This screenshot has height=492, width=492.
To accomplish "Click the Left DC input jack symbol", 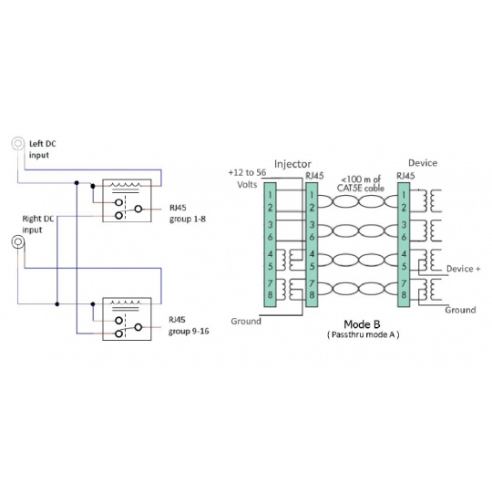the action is tap(18, 143).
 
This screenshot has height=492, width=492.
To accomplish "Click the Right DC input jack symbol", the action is tap(18, 241).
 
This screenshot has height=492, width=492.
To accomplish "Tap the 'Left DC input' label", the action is tap(42, 149).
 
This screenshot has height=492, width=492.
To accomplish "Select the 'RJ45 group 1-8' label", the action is tap(188, 213).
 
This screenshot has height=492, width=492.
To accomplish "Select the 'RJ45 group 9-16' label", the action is tap(189, 325).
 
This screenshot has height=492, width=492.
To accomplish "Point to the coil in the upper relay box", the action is tap(127, 185).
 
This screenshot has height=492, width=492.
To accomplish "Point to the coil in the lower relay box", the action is tap(126, 303).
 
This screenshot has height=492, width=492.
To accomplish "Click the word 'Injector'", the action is tap(292, 164).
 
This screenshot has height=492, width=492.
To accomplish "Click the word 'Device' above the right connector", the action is tap(423, 163).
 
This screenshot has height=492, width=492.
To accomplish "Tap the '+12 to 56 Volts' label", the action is tap(247, 179).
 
